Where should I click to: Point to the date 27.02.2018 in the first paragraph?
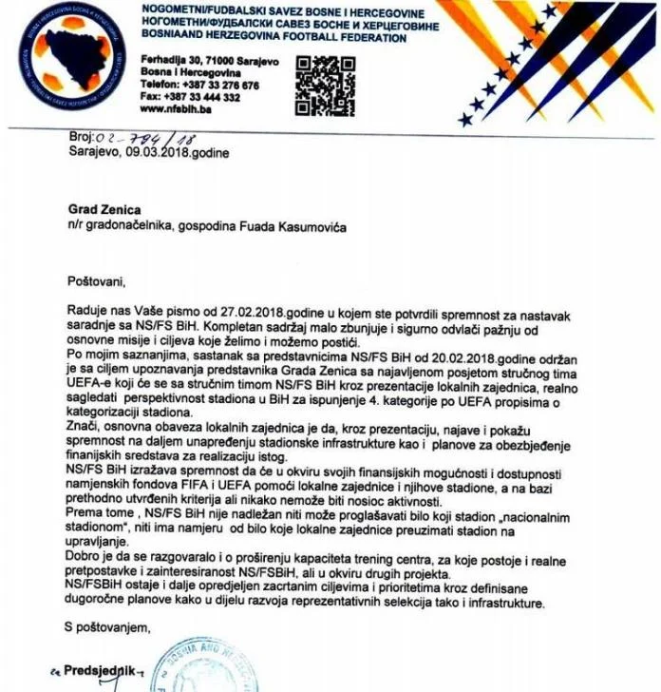(x=217, y=312)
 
